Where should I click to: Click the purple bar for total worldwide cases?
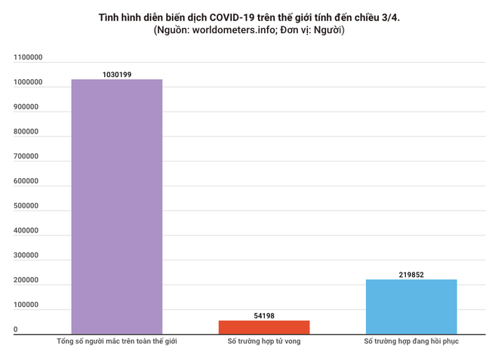click(117, 206)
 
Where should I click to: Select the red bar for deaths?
click(264, 327)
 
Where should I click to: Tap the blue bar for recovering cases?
click(411, 306)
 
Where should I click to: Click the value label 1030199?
click(117, 75)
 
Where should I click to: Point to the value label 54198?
click(264, 315)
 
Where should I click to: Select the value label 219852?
click(411, 275)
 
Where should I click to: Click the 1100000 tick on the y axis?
click(28, 57)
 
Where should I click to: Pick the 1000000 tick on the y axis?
click(28, 82)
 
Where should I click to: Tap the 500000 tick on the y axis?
click(26, 206)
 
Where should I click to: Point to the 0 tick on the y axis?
click(16, 330)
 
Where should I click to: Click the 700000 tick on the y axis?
click(26, 156)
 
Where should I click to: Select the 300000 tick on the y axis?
click(26, 256)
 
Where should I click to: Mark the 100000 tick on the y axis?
click(26, 305)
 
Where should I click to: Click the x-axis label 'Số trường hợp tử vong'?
click(264, 341)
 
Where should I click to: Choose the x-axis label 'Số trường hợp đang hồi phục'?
click(411, 341)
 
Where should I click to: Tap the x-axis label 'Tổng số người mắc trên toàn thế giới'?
click(117, 341)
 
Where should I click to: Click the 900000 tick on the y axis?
click(26, 107)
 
